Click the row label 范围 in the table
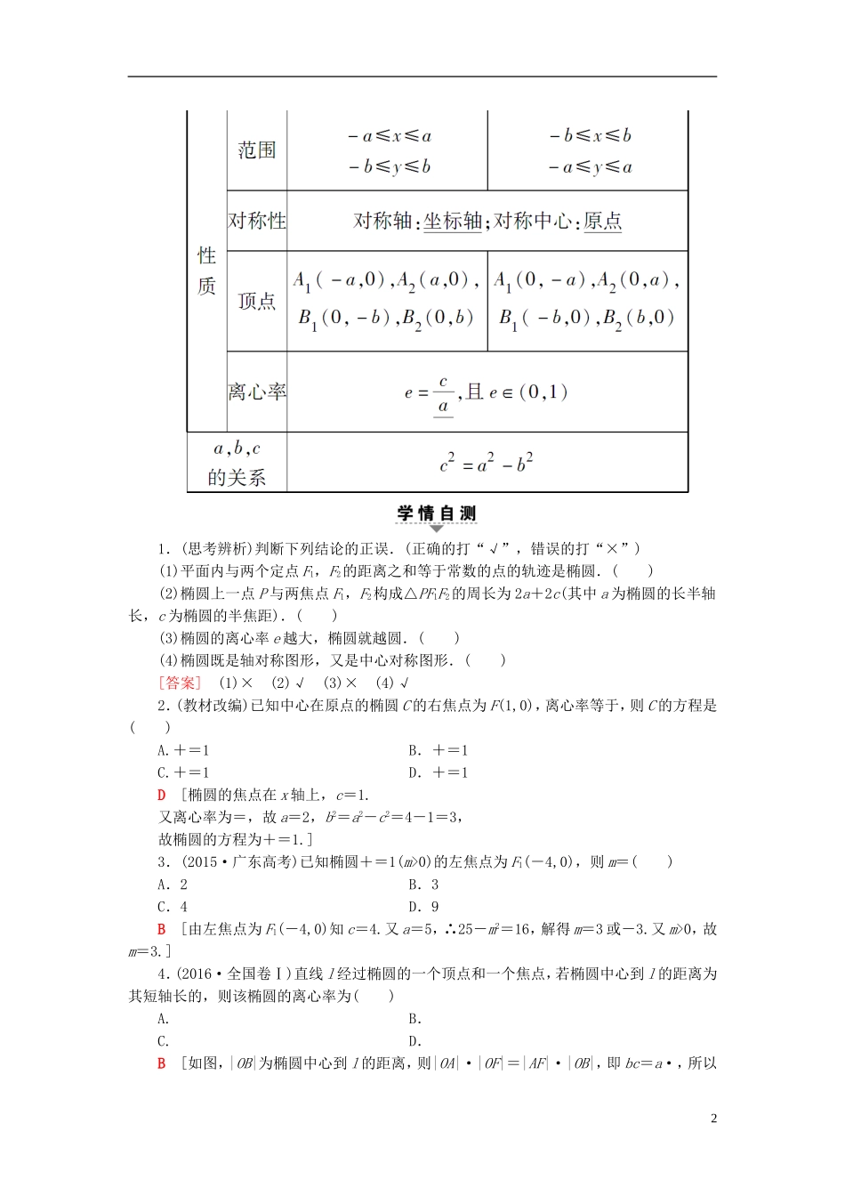(256, 150)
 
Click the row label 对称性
(256, 221)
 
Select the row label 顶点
(256, 302)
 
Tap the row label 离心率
(256, 392)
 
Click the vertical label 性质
(206, 271)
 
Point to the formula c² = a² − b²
(487, 463)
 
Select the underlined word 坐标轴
(452, 221)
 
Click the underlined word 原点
(602, 221)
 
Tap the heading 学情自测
(436, 513)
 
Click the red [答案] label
(181, 683)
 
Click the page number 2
(713, 1119)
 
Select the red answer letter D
(162, 795)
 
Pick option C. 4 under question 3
(173, 907)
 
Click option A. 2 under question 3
(173, 885)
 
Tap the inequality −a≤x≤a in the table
(389, 136)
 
